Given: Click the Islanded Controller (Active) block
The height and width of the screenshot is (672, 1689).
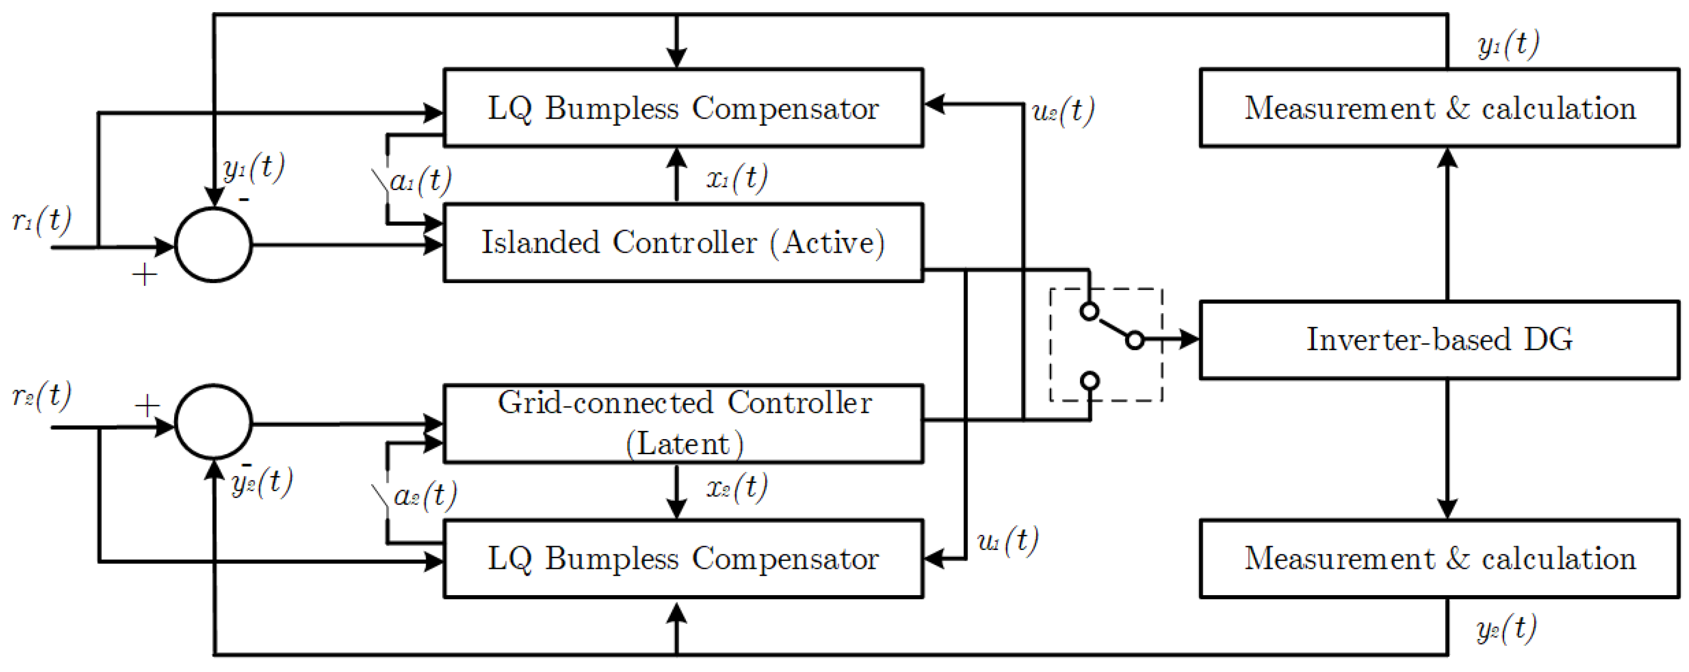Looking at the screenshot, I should click(x=683, y=243).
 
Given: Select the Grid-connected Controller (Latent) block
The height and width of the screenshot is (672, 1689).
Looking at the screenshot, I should click(x=683, y=424).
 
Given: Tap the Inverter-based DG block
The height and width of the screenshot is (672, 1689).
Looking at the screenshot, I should click(x=1439, y=339).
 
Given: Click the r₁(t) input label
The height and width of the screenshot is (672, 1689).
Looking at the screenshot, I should click(x=41, y=221).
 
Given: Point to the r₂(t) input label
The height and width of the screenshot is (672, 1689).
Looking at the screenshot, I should click(x=41, y=396).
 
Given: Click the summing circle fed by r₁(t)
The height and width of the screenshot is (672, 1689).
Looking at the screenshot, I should click(x=213, y=245).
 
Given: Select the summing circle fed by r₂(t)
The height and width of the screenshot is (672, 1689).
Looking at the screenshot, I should click(x=213, y=422).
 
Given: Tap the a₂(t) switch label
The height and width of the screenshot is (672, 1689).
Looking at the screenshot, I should click(x=425, y=495).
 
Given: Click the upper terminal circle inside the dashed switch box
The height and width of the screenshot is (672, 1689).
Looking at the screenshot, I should click(x=1089, y=311).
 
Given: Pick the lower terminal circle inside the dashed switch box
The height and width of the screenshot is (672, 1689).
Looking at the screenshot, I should click(x=1090, y=380).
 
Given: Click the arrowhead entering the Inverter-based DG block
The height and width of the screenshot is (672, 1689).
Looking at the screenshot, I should click(x=1189, y=339).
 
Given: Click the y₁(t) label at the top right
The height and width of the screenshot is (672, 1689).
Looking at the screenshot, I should click(x=1508, y=45).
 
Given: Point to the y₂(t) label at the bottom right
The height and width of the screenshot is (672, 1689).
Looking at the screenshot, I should click(x=1506, y=628).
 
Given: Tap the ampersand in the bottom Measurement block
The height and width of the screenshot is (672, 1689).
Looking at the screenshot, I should click(x=1457, y=559).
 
